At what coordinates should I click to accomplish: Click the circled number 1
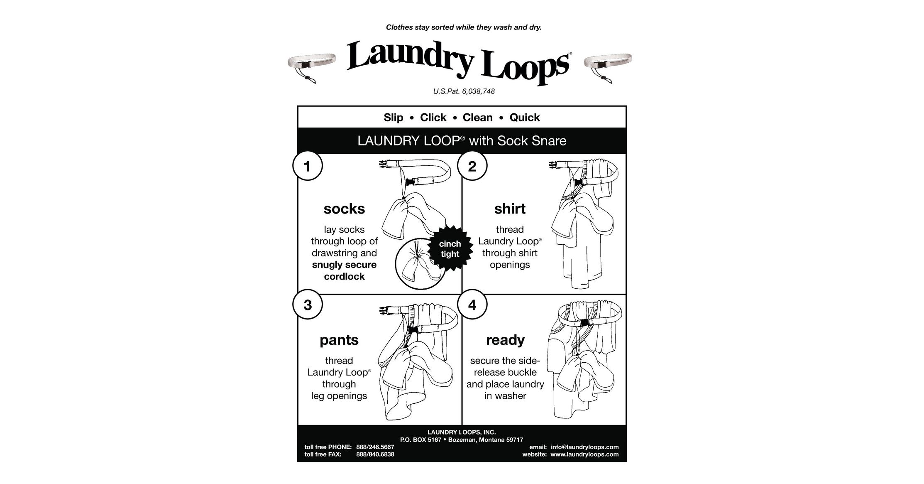[307, 167]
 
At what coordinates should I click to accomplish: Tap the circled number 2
[472, 167]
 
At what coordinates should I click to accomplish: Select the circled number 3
[307, 305]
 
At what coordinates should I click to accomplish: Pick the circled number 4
[472, 305]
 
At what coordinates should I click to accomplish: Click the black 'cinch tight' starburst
[450, 249]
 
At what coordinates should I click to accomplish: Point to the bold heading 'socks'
[344, 209]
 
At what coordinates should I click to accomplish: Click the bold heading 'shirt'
[510, 209]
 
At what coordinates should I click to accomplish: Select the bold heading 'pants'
[339, 340]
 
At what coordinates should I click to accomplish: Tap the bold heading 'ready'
[505, 340]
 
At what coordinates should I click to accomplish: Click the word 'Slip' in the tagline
[393, 118]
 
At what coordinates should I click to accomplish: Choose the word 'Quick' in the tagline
[525, 118]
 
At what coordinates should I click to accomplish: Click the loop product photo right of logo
[608, 66]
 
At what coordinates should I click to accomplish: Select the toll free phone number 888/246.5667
[375, 447]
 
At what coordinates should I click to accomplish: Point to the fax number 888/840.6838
[375, 455]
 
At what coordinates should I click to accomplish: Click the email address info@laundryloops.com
[584, 447]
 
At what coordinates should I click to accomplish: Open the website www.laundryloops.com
[584, 455]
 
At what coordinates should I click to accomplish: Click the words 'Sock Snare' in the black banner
[532, 141]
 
